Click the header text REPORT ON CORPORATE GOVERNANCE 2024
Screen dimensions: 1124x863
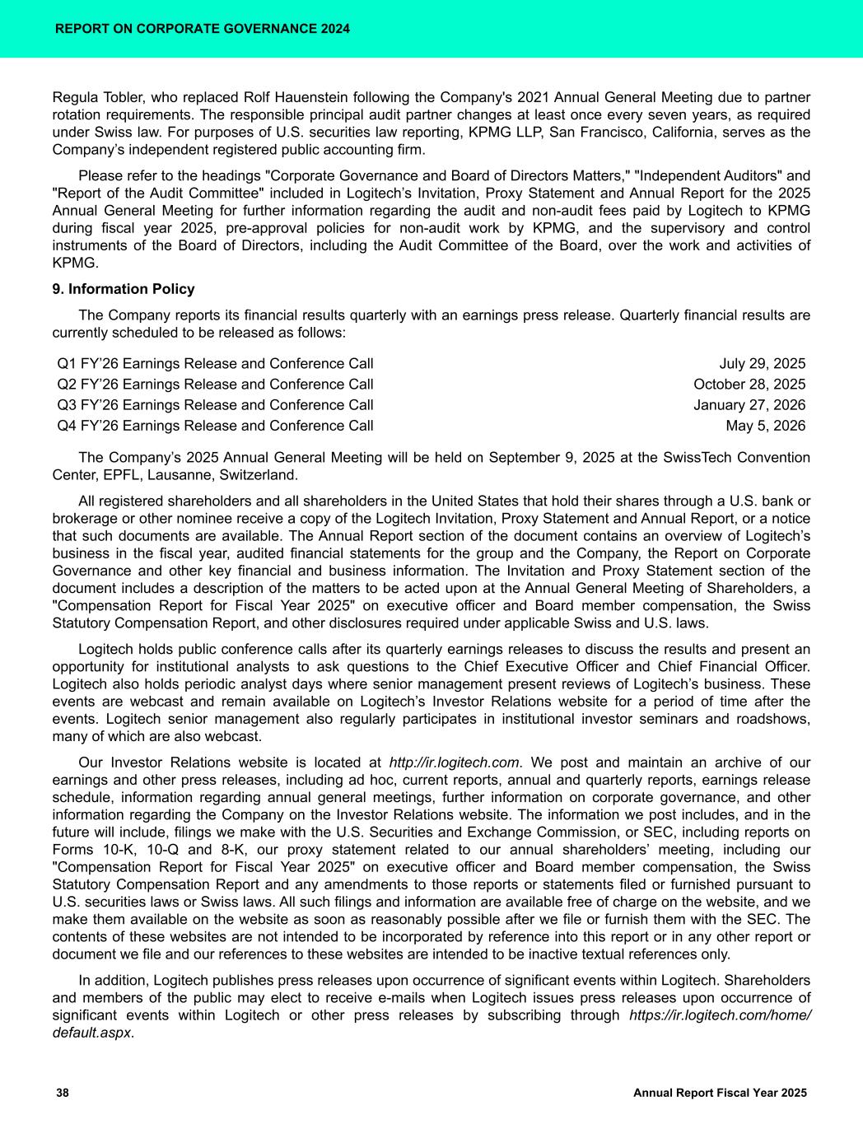[x=202, y=29]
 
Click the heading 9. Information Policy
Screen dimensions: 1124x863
[x=124, y=289]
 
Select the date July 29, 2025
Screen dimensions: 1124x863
[x=762, y=364]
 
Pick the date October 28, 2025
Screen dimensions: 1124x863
[x=749, y=385]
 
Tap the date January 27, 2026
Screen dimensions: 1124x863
[x=749, y=405]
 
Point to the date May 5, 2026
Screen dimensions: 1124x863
[x=765, y=426]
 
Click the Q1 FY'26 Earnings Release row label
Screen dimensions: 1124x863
[x=215, y=364]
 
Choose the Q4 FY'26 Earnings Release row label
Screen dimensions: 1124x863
[x=215, y=426]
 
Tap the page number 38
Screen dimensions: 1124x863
[x=63, y=1093]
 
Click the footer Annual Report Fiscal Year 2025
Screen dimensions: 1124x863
[x=720, y=1093]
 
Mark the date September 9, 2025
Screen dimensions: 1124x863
[x=542, y=458]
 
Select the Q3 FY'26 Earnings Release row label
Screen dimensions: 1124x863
[x=215, y=405]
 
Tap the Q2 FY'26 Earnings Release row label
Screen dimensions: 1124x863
[x=215, y=385]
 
